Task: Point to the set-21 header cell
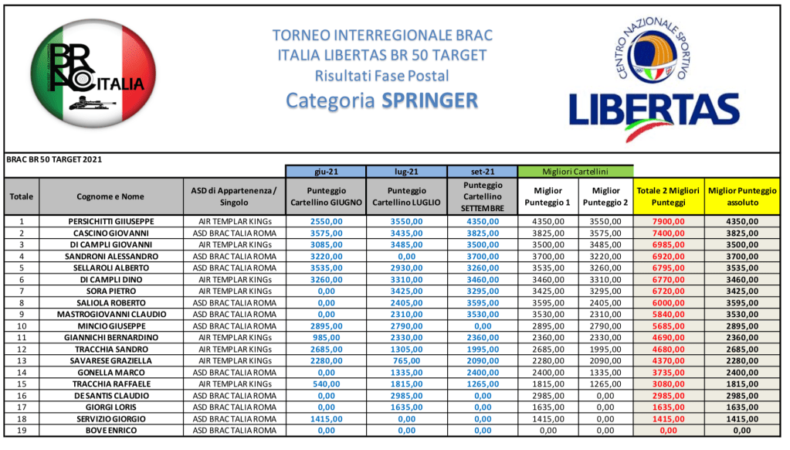tap(482, 171)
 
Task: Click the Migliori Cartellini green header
tap(576, 171)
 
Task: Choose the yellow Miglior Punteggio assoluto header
tap(742, 196)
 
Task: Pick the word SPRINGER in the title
tap(429, 101)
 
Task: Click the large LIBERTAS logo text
tap(653, 109)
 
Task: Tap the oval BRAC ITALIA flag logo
tap(92, 76)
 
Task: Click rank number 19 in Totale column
tap(22, 430)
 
